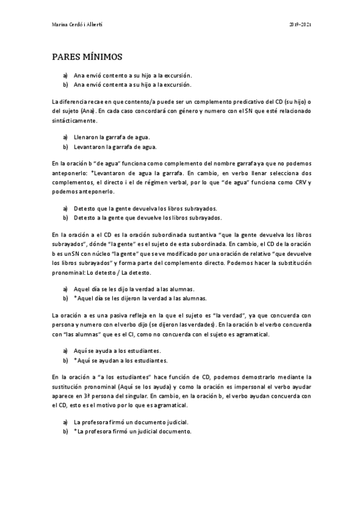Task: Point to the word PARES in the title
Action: pyautogui.click(x=66, y=58)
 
